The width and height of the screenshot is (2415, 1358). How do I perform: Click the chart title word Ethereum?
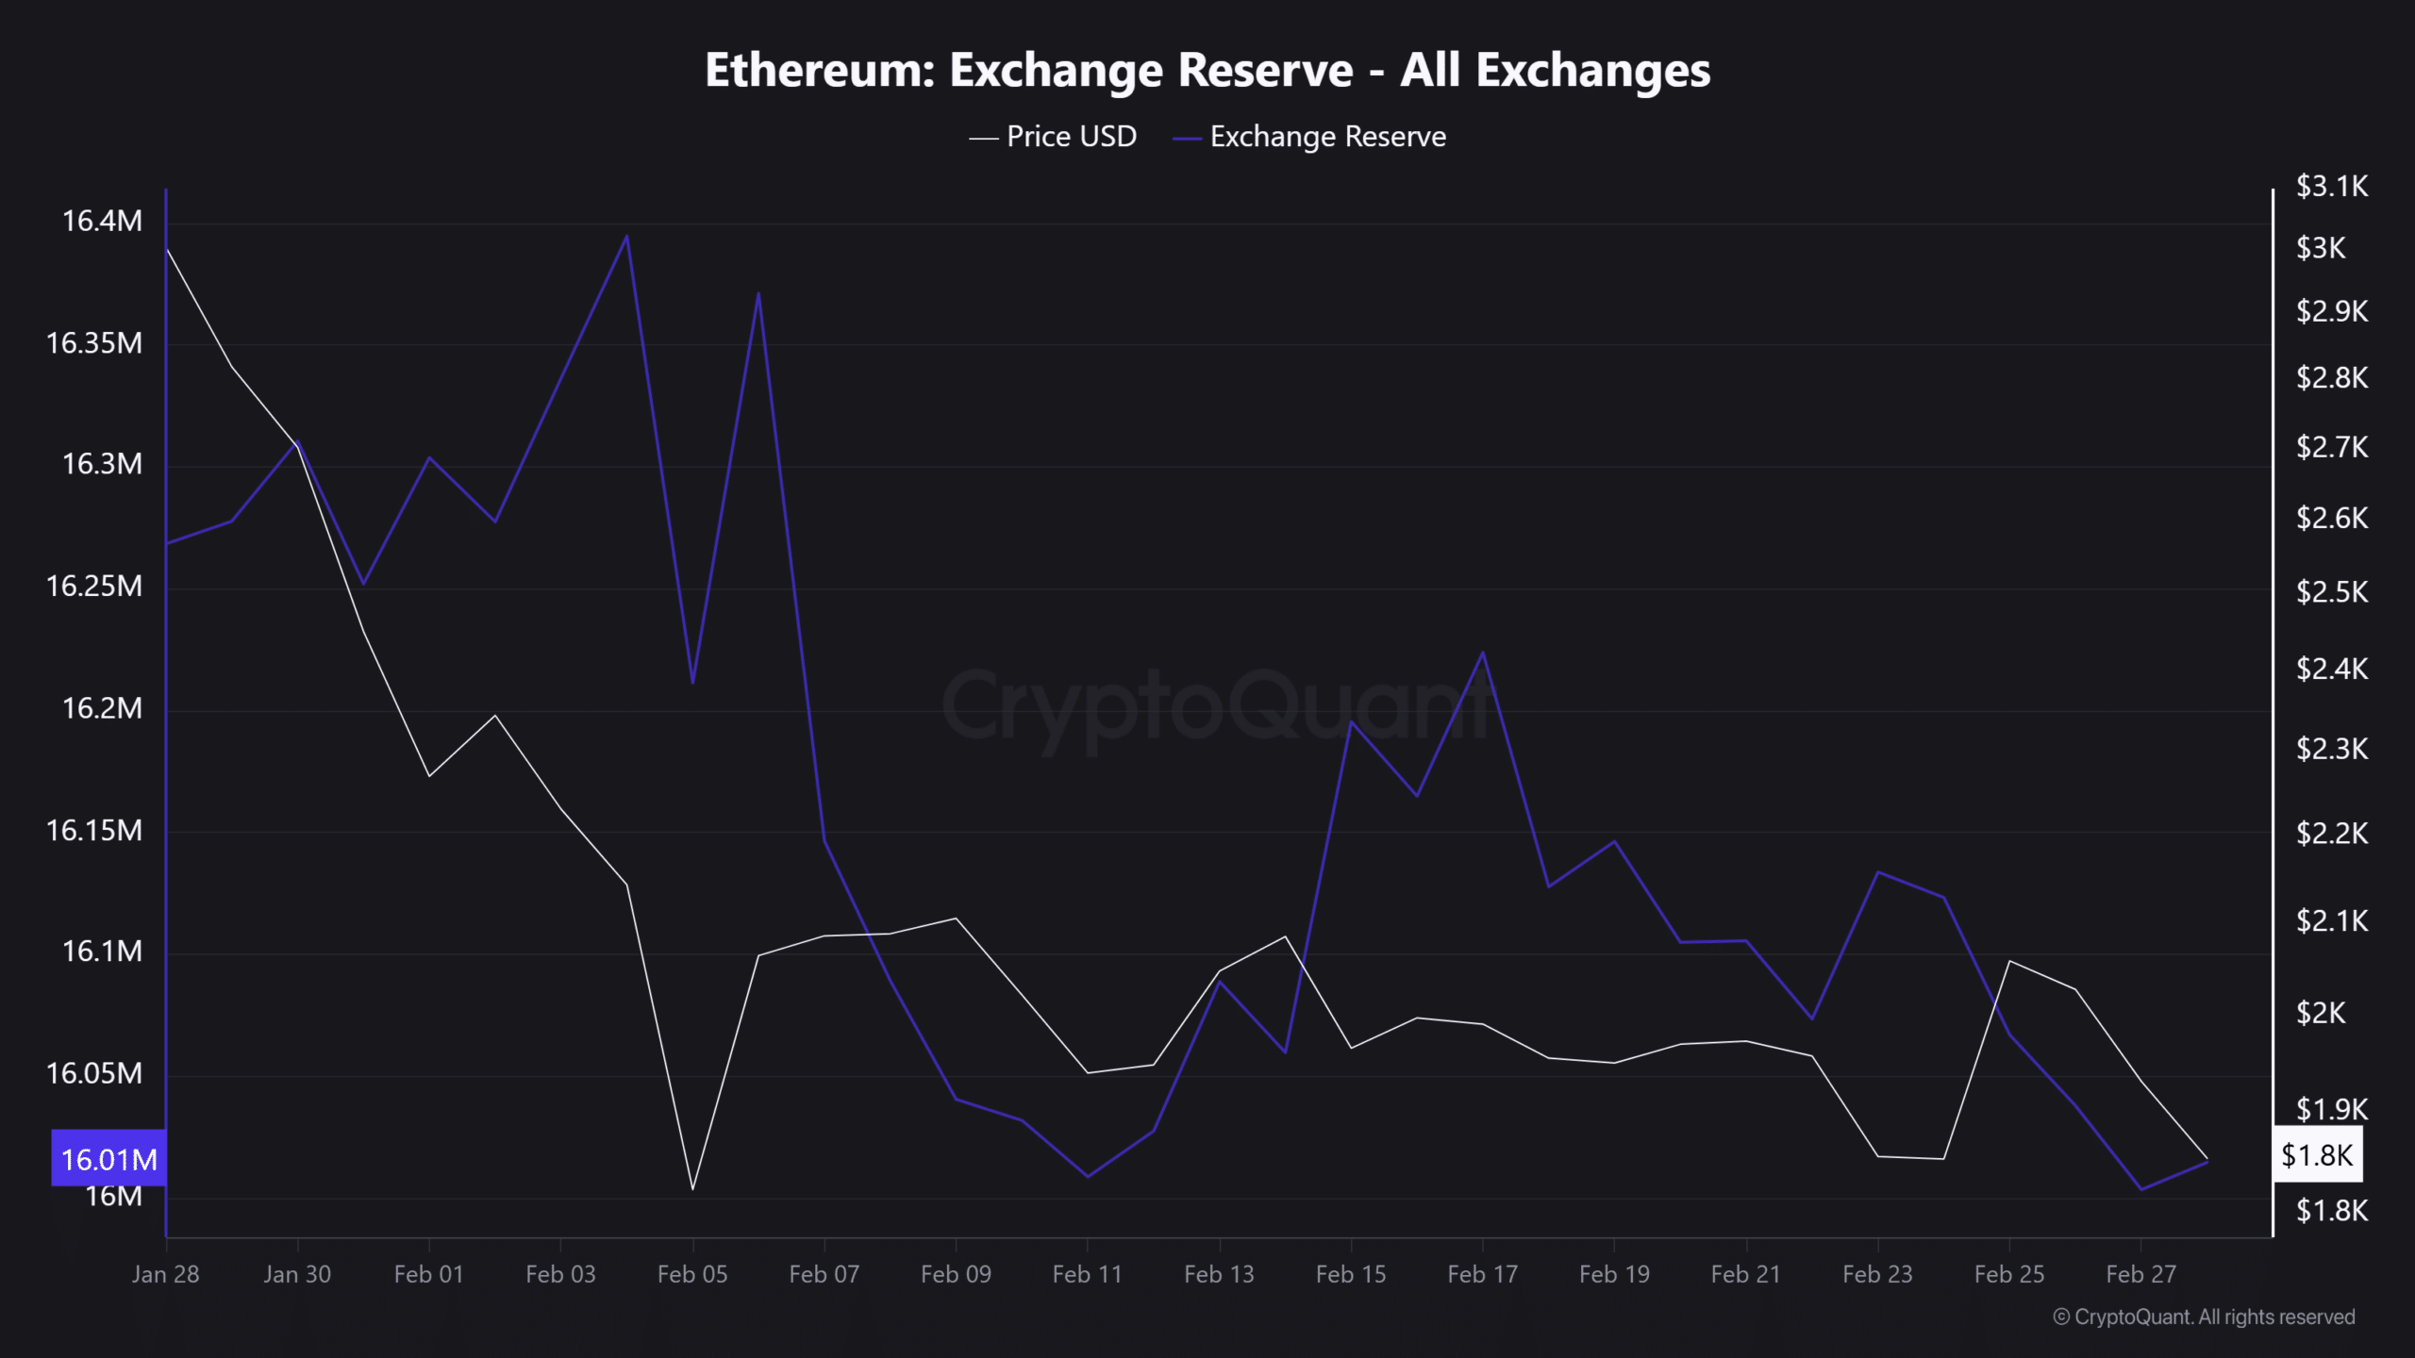819,71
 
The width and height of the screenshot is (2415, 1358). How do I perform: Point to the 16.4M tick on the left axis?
102,222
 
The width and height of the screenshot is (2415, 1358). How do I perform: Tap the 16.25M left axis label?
94,587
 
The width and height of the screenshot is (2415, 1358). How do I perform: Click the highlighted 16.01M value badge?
108,1159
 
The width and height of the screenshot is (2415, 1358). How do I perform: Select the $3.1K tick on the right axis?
2331,187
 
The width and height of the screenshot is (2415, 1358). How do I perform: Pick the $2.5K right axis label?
2331,592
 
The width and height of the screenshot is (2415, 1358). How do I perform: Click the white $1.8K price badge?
2317,1155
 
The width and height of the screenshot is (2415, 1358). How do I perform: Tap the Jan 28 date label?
166,1275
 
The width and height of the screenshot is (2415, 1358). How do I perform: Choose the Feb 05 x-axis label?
692,1275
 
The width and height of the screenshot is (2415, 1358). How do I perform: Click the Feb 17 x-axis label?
1482,1275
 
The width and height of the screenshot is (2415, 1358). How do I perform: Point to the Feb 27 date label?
2140,1275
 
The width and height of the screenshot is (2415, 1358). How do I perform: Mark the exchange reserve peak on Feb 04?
627,236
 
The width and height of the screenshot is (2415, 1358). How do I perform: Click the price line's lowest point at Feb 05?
692,1189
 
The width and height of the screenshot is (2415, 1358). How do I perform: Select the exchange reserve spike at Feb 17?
1483,653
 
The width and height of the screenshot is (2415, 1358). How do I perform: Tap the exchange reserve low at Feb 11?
1088,1176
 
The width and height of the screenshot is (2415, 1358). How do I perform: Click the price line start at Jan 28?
167,249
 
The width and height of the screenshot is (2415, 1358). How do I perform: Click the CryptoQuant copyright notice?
2204,1317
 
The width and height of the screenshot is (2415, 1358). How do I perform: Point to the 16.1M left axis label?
102,952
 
